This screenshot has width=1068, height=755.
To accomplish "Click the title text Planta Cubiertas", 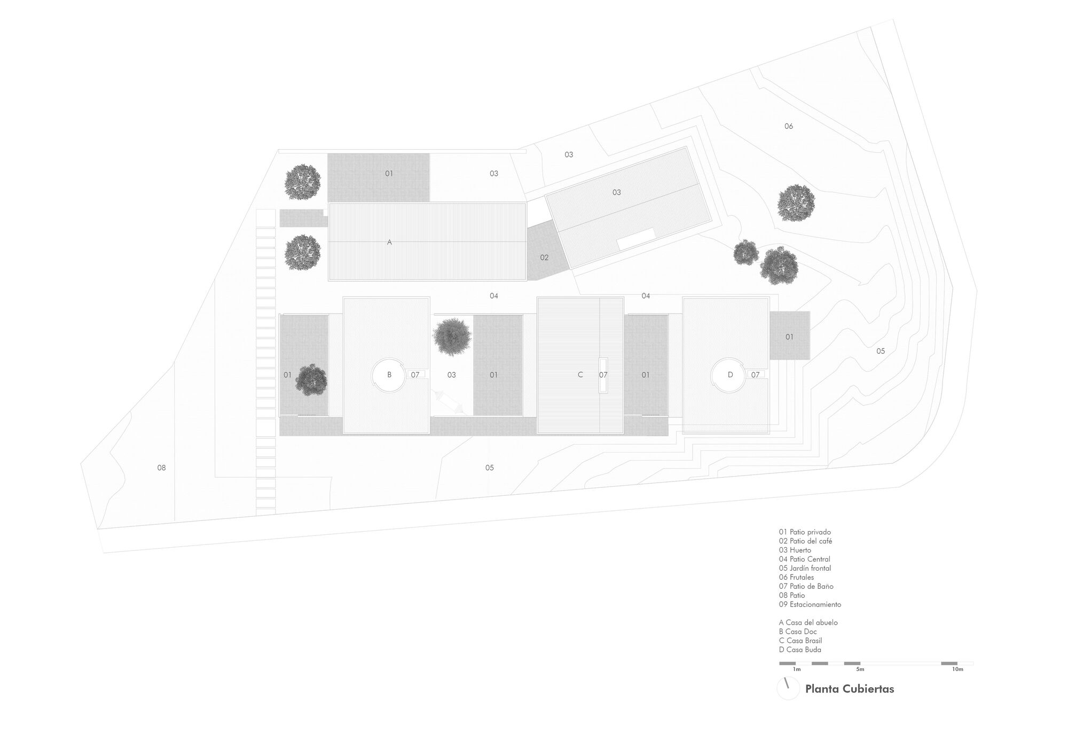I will [849, 689].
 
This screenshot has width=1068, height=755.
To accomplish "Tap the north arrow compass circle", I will [788, 689].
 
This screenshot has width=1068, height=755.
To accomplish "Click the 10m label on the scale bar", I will [957, 669].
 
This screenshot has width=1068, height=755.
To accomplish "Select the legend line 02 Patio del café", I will [805, 541].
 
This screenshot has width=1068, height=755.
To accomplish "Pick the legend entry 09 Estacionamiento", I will [810, 604].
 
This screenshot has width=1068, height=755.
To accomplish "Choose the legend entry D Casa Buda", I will [800, 650].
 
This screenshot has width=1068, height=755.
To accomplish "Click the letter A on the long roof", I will [389, 242].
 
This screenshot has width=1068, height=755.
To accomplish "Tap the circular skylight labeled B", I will [389, 375].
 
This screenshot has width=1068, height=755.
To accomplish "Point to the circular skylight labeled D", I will [730, 375].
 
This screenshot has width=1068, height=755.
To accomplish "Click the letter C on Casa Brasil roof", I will [580, 375].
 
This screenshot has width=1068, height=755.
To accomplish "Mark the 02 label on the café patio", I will [544, 258].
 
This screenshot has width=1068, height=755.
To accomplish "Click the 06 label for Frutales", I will [789, 126].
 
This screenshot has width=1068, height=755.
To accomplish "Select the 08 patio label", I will [161, 468].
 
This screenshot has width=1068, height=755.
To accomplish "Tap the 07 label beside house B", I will [415, 375].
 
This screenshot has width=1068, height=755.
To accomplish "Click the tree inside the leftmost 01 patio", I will [311, 380].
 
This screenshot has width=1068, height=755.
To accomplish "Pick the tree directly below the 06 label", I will [796, 203].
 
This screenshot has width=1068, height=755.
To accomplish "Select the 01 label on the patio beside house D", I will [789, 337].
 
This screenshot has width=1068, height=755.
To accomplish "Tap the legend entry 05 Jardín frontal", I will [805, 568].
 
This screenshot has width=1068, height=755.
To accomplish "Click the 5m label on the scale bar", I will [860, 669].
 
